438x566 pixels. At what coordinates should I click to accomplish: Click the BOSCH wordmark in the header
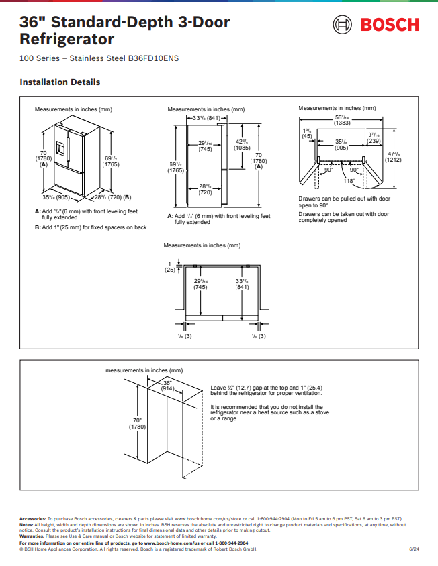click(390, 25)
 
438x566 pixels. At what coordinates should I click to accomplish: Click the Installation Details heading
click(60, 82)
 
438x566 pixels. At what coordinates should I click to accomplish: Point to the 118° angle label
click(349, 181)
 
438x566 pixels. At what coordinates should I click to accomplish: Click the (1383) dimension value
click(342, 123)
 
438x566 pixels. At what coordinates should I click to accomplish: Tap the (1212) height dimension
click(394, 160)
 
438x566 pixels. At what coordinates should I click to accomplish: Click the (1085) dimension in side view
click(242, 148)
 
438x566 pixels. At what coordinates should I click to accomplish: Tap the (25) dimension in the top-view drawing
click(170, 269)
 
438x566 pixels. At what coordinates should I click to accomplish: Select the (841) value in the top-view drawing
click(243, 287)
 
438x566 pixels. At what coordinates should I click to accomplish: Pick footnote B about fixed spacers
click(90, 227)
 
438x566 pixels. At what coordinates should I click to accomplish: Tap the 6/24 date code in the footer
click(415, 549)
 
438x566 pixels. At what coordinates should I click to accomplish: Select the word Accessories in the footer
click(33, 519)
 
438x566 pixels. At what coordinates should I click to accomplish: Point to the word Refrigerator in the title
click(67, 40)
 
